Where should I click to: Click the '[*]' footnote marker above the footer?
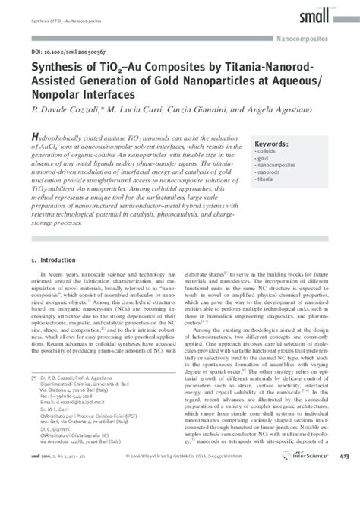[33, 419]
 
